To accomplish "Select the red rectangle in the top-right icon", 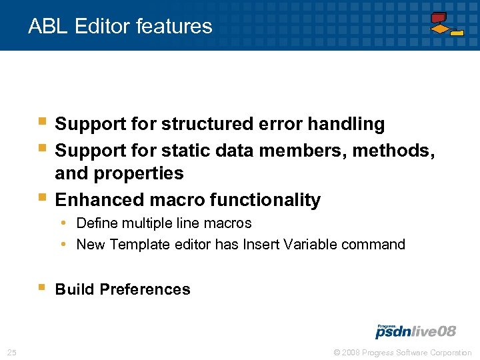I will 439,17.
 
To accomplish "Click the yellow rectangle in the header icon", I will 457,33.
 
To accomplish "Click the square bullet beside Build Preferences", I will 41,288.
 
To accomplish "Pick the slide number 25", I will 11,352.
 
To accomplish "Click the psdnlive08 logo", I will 415,331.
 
